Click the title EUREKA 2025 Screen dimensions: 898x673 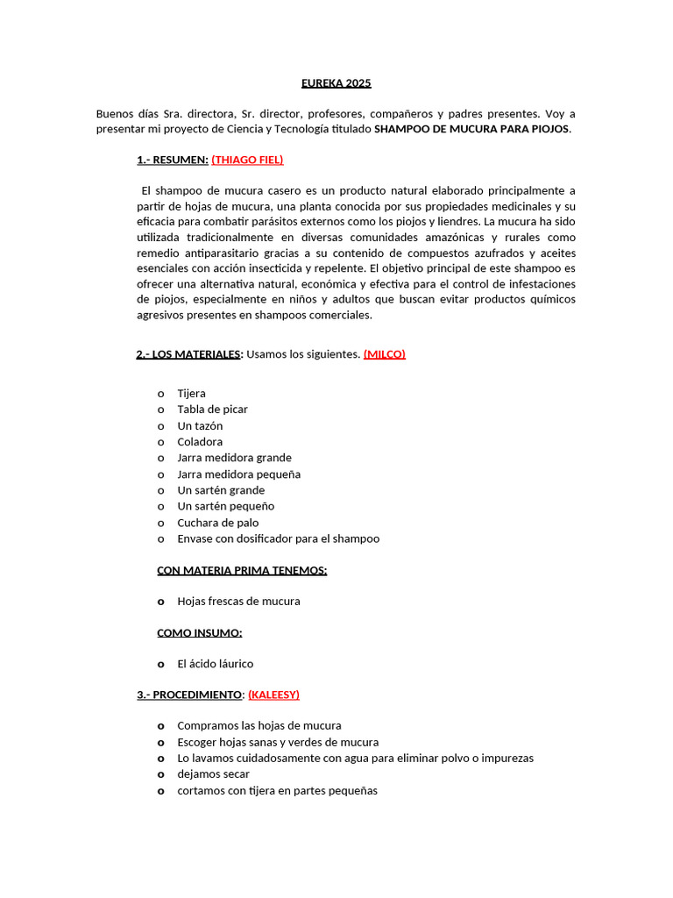336,83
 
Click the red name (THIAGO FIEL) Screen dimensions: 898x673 247,160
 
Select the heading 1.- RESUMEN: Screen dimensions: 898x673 172,160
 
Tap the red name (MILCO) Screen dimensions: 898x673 384,354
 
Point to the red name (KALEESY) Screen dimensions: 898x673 273,695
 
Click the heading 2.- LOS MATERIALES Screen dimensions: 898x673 188,354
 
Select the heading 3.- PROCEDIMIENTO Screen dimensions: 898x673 189,695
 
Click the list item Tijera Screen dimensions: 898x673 191,394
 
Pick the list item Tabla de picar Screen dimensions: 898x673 212,410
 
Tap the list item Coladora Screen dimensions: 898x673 200,442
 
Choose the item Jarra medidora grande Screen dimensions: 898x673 234,458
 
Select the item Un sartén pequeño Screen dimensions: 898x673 225,506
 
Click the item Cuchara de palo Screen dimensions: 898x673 217,523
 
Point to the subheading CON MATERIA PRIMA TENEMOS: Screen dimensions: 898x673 242,570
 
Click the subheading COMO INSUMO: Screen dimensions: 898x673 200,632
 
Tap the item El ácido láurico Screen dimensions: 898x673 215,664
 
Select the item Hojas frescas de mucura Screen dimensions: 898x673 238,602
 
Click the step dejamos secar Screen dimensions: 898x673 213,774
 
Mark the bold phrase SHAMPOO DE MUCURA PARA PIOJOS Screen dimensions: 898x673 472,129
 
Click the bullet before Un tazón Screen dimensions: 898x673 161,426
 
